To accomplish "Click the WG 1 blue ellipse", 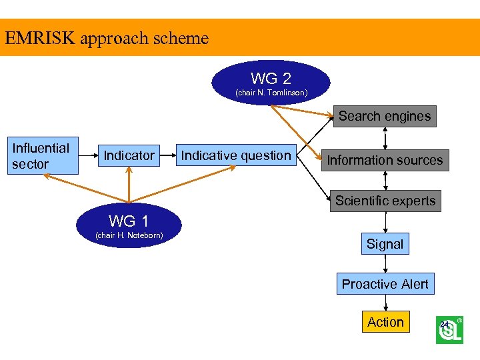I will pyautogui.click(x=129, y=225).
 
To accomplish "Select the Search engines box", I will pyautogui.click(x=385, y=116).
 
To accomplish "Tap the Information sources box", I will pyautogui.click(x=385, y=160).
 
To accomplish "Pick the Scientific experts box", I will pyautogui.click(x=385, y=201).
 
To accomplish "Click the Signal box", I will pyautogui.click(x=385, y=244).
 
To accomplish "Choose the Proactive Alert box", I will pyautogui.click(x=385, y=284).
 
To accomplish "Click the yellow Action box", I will pyautogui.click(x=385, y=322).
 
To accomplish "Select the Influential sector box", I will pyautogui.click(x=41, y=156).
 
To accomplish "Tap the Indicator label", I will pyautogui.click(x=129, y=155).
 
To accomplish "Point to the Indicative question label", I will pyautogui.click(x=236, y=155).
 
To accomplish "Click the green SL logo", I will pyautogui.click(x=449, y=330).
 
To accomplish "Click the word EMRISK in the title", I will pyautogui.click(x=39, y=38).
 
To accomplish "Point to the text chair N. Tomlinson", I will pyautogui.click(x=271, y=93).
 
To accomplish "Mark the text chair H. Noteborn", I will pyautogui.click(x=129, y=235).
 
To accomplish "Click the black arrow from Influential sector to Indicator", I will pyautogui.click(x=89, y=156).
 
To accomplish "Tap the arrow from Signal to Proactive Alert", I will pyautogui.click(x=385, y=264).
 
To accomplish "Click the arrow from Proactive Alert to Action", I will pyautogui.click(x=385, y=303).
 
